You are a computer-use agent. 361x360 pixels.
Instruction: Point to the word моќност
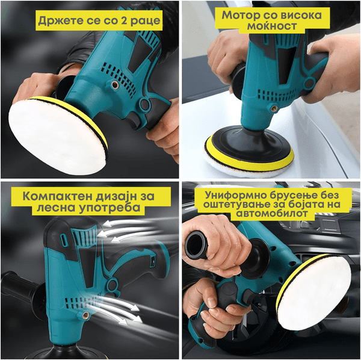[x=272, y=26]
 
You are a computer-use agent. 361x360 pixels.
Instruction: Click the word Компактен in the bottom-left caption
[x=57, y=196]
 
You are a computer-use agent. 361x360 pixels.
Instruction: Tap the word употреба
[x=109, y=208]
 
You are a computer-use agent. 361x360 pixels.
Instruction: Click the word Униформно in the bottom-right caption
[x=236, y=195]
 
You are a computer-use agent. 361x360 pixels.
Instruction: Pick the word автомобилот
[x=272, y=214]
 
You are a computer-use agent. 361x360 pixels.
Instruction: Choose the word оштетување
[x=235, y=205]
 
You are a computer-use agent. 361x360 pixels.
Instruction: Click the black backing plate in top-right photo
[x=250, y=144]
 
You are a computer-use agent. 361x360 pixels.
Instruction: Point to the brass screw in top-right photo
[x=274, y=108]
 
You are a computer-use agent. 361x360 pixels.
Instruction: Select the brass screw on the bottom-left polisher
[x=85, y=315]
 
